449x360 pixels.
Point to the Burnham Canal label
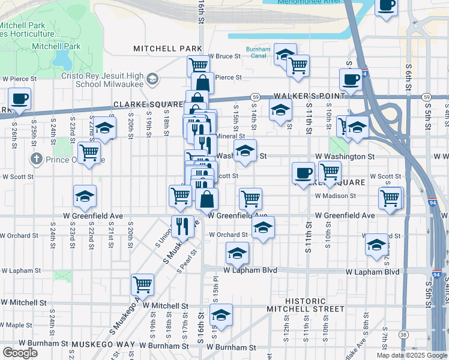pos(259,53)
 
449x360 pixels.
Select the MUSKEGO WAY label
pos(103,345)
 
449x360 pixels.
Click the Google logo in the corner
pos(20,352)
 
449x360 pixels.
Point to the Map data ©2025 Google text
pos(411,355)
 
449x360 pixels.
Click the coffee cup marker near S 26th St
pos(19,99)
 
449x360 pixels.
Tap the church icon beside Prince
pos(36,160)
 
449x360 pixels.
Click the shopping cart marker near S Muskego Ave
pos(142,284)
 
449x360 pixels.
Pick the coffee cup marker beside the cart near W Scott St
pos(303,173)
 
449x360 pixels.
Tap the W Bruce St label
pos(224,56)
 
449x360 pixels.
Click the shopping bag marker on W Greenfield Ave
pos(206,199)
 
